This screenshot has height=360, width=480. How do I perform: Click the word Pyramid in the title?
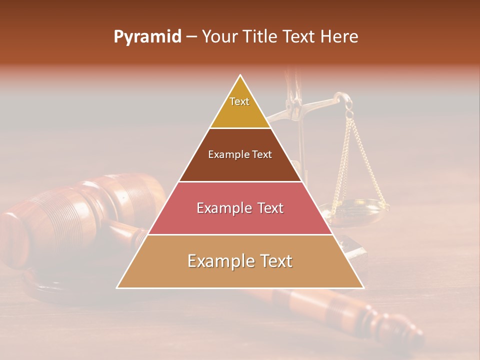(147, 37)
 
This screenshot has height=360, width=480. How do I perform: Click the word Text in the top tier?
(239, 101)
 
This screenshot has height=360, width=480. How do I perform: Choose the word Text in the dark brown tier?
(262, 154)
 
